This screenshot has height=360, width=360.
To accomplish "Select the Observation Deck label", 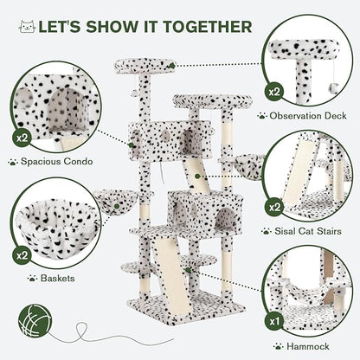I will click(x=310, y=114).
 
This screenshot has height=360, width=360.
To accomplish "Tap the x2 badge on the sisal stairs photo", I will click(x=274, y=208).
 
